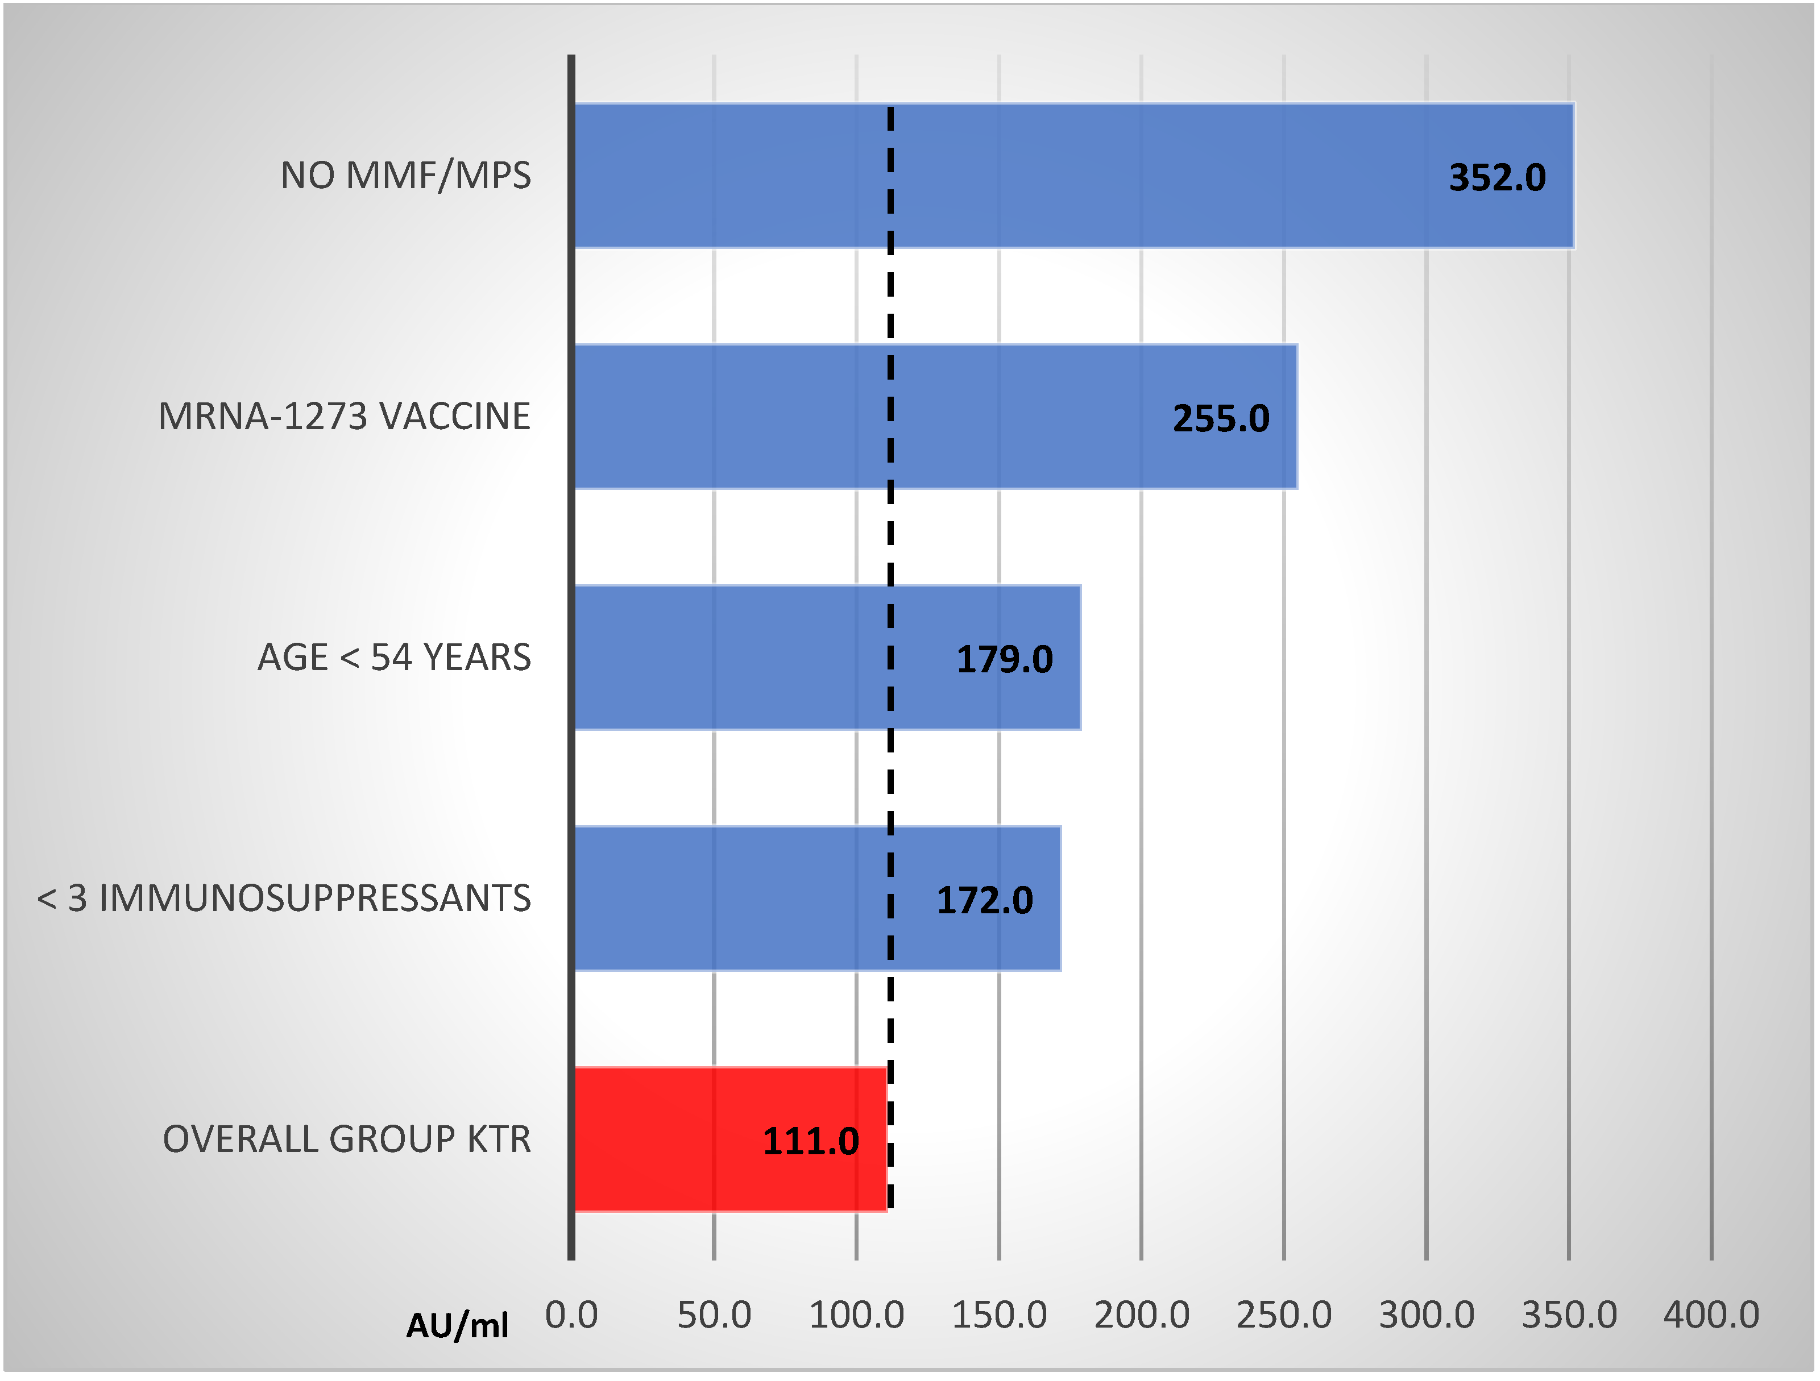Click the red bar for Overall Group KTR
pos(699,1139)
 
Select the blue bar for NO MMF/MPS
pos(1069,175)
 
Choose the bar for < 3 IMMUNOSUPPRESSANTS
pos(782,898)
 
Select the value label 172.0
pos(984,901)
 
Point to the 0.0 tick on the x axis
pos(571,1315)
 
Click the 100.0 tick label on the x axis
pos(856,1315)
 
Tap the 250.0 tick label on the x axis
pos(1283,1315)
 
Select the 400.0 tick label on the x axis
pos(1711,1315)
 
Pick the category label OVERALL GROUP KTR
pos(346,1139)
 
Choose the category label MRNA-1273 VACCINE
pos(344,416)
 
